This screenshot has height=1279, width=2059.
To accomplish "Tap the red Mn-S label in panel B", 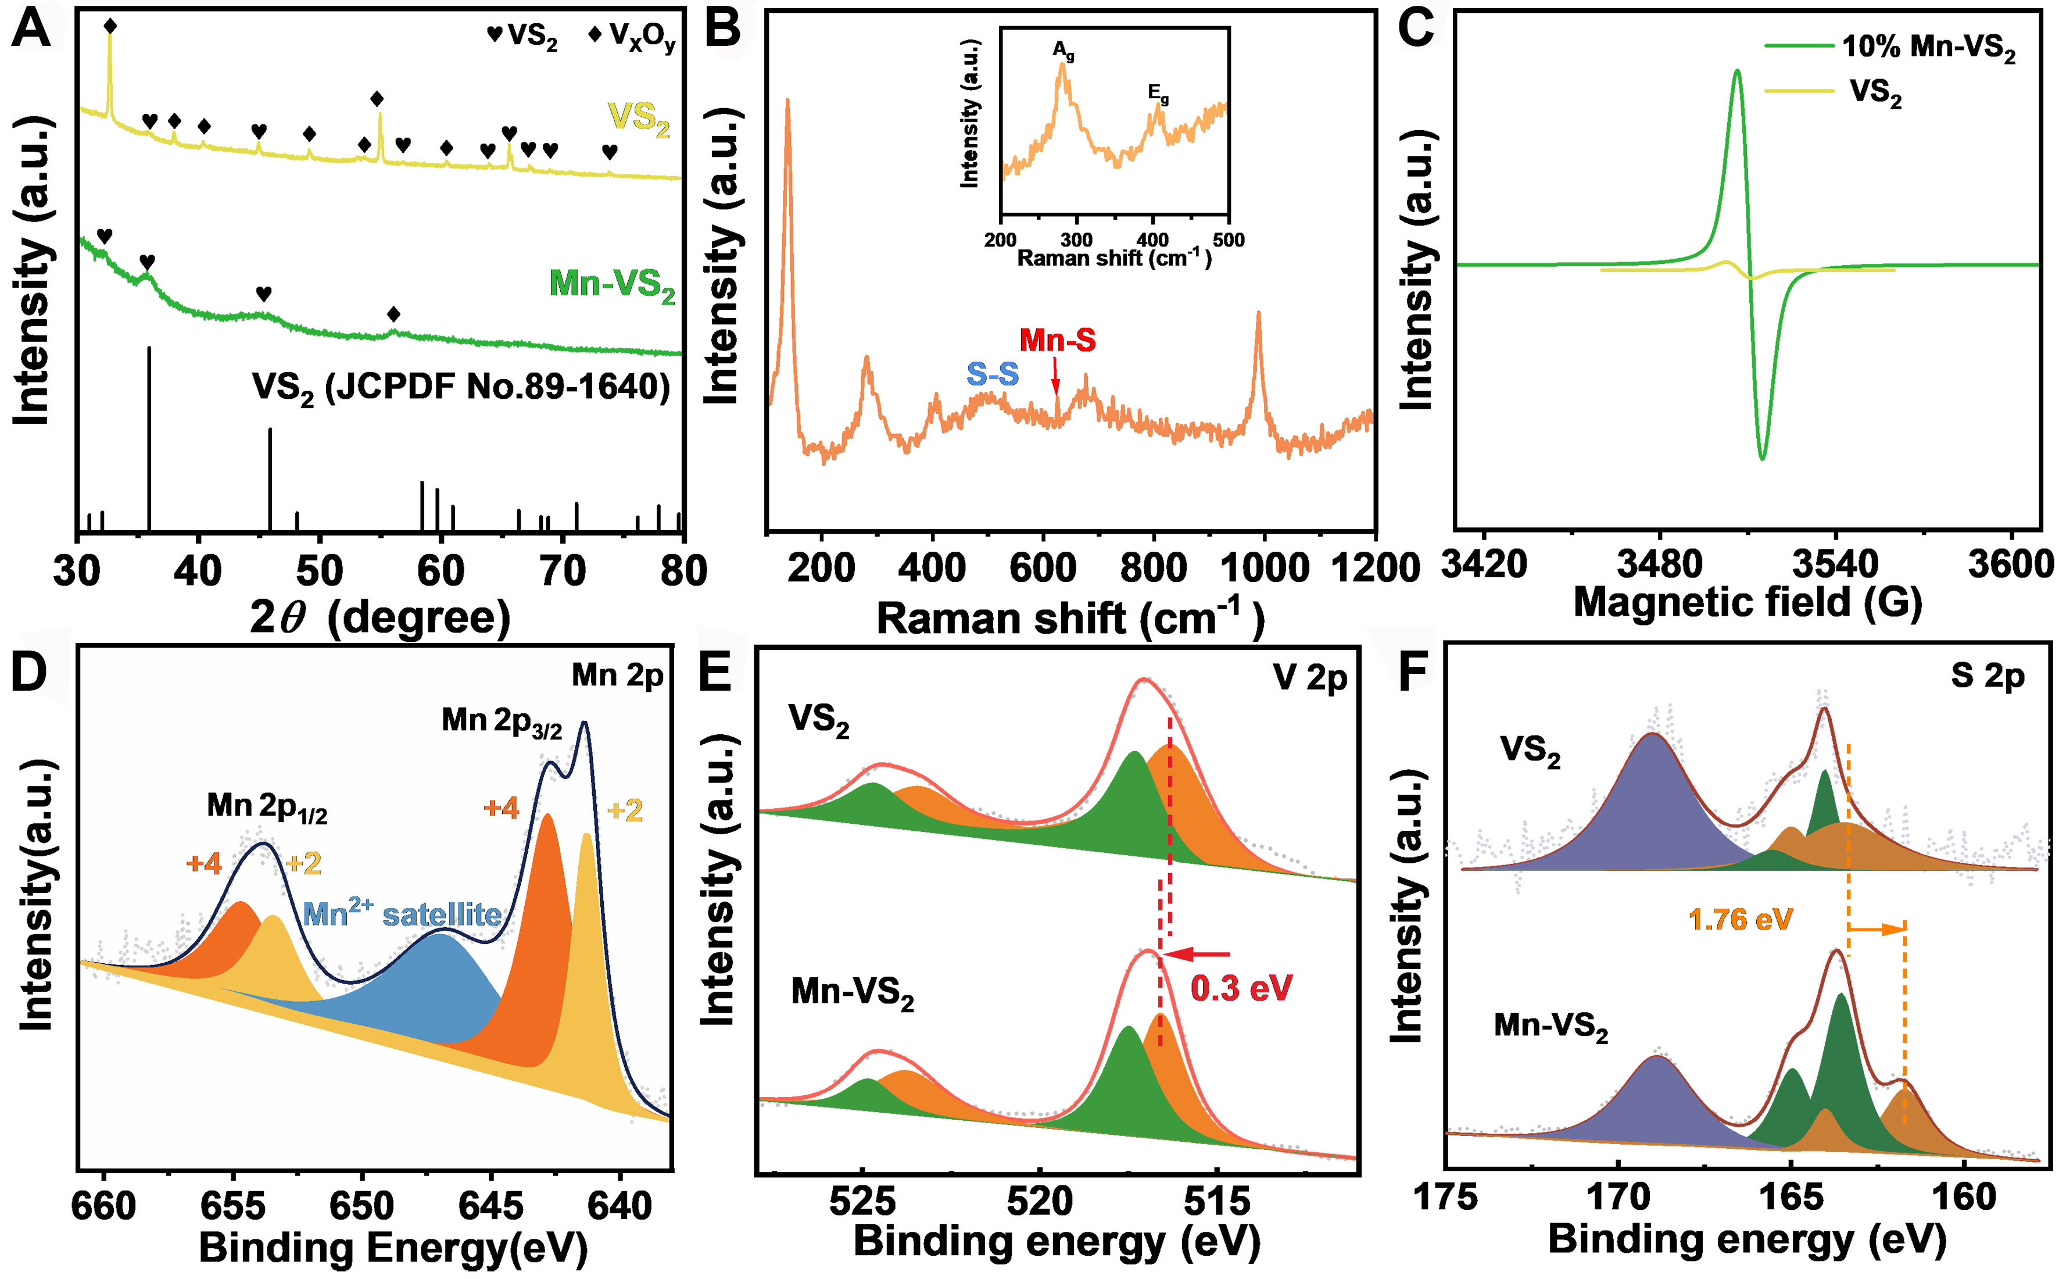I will [x=1057, y=340].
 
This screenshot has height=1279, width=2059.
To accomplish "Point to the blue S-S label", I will [x=993, y=374].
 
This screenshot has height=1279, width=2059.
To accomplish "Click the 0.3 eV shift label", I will [x=1241, y=988].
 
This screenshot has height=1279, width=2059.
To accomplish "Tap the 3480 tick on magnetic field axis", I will [x=1659, y=565].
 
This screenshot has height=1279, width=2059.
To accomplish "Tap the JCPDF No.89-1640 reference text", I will [x=461, y=387].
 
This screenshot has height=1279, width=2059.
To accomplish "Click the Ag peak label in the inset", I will [x=1063, y=51].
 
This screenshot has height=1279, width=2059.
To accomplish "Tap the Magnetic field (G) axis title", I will [x=1747, y=603].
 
